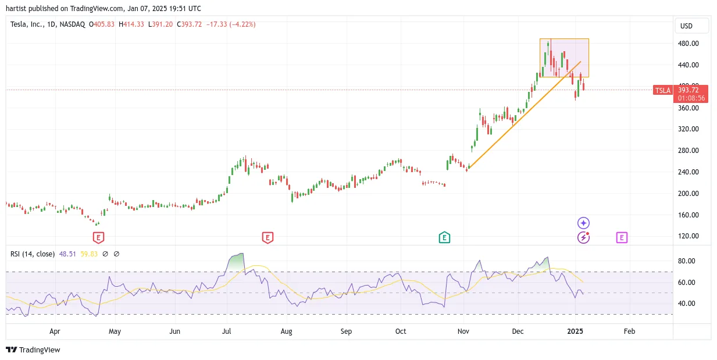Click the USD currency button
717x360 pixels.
click(692, 26)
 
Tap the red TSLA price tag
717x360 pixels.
click(662, 91)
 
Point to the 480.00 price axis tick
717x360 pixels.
click(688, 44)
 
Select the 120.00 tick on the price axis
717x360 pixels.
click(688, 236)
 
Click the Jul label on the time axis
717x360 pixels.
click(226, 331)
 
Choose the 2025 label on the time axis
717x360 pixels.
click(575, 331)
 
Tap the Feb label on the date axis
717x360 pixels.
click(629, 331)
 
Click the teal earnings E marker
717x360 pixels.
click(444, 237)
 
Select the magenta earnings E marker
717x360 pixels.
click(622, 237)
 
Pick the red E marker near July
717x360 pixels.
click(267, 238)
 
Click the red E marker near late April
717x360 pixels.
click(98, 238)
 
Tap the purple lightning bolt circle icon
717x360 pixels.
click(583, 238)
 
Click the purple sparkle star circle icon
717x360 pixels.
click(583, 223)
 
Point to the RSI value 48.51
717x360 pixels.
click(67, 254)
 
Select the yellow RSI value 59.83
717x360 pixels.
click(88, 254)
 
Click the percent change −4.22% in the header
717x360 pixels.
click(242, 24)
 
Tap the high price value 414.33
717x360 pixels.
click(134, 24)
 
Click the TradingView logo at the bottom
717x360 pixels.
click(33, 350)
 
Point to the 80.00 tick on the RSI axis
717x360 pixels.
click(686, 261)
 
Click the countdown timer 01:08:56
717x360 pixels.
click(691, 98)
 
